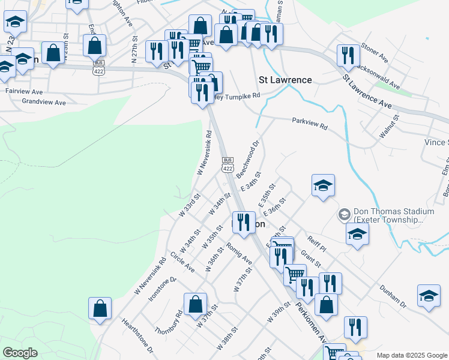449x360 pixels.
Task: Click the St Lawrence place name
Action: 285,80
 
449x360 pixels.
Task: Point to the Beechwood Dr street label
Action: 247,159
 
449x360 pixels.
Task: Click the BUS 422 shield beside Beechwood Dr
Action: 228,164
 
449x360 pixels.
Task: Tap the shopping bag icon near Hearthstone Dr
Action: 100,308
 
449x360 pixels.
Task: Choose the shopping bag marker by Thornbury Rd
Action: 196,304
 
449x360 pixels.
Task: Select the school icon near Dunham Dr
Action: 429,296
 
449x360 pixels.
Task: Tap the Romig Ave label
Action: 239,253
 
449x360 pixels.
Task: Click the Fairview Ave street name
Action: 24,92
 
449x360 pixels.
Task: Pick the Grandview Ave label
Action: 44,103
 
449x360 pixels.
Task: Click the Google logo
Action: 20,353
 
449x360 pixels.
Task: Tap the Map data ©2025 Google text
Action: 411,355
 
